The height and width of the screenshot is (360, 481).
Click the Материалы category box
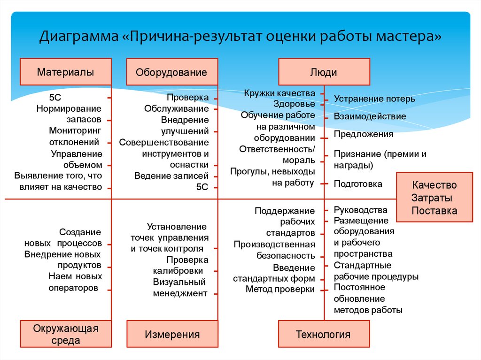tap(66, 72)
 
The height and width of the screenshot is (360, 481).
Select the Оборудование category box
tap(171, 72)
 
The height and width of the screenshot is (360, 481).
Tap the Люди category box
tap(324, 72)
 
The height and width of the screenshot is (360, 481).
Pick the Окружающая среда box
tap(66, 334)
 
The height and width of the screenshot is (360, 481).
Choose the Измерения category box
tap(171, 334)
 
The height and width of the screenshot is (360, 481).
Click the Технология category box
tap(324, 334)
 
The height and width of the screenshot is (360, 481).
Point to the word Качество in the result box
tap(434, 185)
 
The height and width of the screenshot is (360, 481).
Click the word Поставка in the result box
tap(434, 211)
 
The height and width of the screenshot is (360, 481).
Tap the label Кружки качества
tap(279, 93)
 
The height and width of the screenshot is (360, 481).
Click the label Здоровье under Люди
tap(294, 104)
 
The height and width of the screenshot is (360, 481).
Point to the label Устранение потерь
tap(374, 99)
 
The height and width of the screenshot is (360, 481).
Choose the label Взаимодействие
tap(370, 116)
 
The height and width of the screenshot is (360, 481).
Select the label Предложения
tap(364, 134)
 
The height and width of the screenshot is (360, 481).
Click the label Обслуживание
tap(176, 109)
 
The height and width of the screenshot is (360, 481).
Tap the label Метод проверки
tap(280, 289)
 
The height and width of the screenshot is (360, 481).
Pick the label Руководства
tap(360, 210)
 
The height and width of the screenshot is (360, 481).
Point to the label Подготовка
tap(358, 184)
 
